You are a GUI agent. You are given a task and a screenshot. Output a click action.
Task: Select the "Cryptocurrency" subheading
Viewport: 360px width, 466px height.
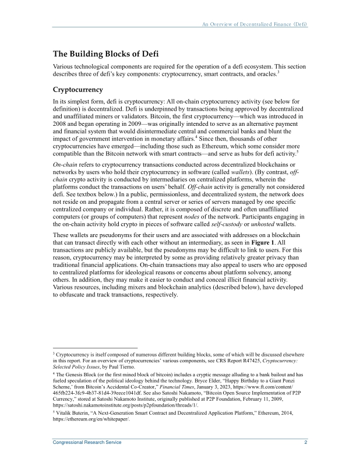[x=78, y=90]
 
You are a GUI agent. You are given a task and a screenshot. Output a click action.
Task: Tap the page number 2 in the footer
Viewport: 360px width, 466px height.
[x=306, y=443]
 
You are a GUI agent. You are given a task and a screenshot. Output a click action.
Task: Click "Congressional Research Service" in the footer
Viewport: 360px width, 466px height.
[x=87, y=443]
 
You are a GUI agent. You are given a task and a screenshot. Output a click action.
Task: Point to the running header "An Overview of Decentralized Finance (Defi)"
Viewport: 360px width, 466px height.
[x=255, y=25]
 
